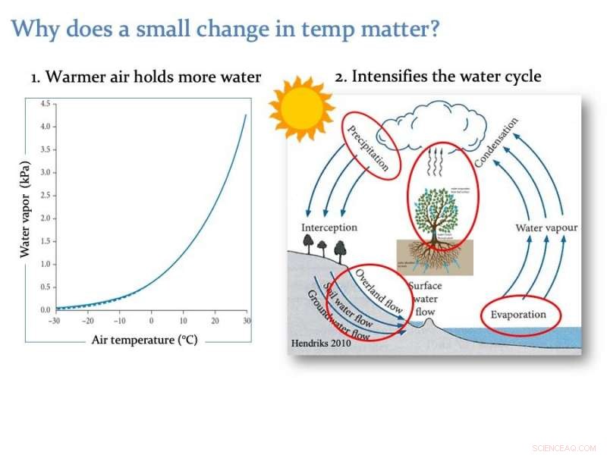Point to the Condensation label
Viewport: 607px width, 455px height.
(x=497, y=143)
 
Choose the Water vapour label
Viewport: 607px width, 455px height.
(x=546, y=227)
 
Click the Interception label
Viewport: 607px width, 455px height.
(x=329, y=227)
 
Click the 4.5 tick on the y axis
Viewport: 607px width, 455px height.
(x=45, y=103)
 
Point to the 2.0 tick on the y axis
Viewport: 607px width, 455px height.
(x=45, y=218)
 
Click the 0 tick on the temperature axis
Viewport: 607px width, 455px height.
(x=151, y=321)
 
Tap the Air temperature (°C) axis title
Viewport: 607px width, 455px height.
(x=144, y=340)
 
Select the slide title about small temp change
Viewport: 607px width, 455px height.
(x=226, y=30)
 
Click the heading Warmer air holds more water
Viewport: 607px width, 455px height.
(x=146, y=77)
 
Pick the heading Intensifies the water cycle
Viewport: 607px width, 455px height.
(x=438, y=77)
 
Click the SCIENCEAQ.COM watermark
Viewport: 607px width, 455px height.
(x=565, y=447)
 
